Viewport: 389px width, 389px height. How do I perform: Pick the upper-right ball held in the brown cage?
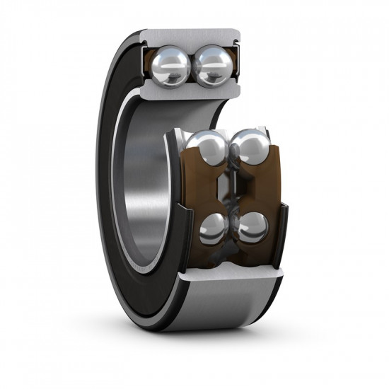pos(250,149)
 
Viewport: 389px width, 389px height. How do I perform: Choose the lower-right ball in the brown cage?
pos(252,229)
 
